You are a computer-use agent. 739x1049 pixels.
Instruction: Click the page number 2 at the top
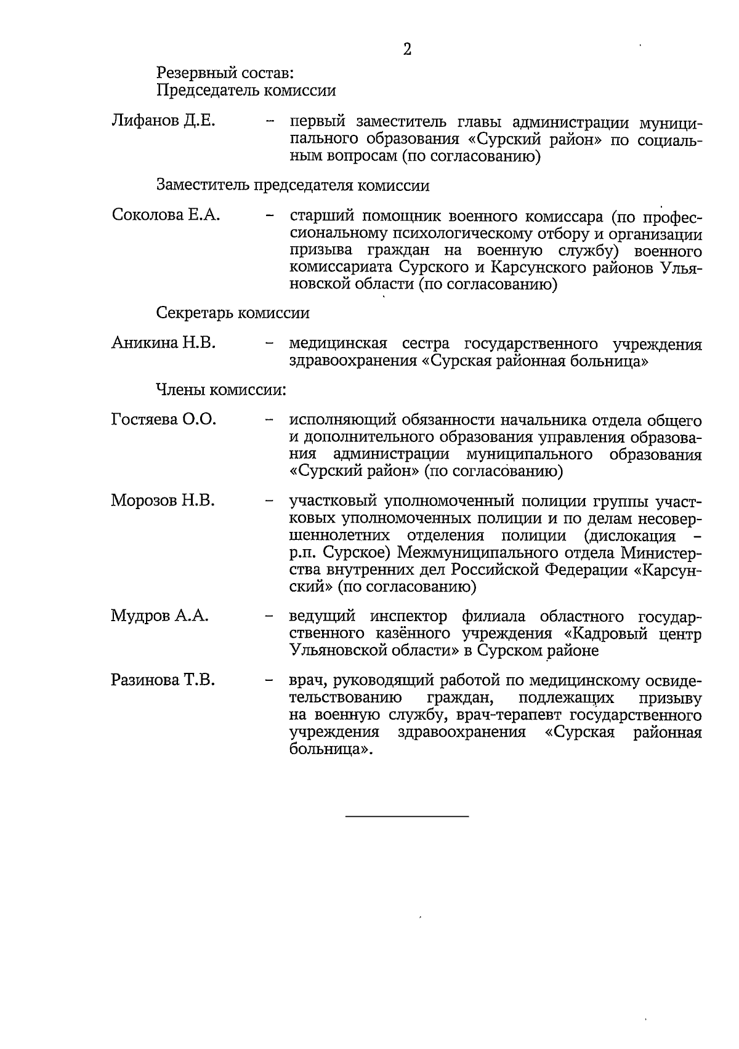tap(407, 50)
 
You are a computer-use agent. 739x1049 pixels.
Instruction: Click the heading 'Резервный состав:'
tap(225, 73)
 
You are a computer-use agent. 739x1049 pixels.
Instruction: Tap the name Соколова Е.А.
tap(166, 215)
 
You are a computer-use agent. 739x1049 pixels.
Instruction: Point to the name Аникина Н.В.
tap(163, 342)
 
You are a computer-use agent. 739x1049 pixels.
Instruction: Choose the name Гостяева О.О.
tap(164, 420)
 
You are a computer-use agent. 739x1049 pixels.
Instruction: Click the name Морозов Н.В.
tap(163, 500)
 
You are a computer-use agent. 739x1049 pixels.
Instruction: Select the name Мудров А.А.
tap(160, 616)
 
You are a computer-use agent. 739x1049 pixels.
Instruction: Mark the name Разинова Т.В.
tap(163, 680)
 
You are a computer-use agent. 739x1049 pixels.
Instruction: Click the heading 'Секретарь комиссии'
tap(233, 313)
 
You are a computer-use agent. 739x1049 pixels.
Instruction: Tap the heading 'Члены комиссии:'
tap(221, 390)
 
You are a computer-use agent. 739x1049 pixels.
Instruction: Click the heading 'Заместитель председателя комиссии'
tap(293, 185)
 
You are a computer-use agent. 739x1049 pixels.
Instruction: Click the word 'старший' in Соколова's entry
tap(319, 217)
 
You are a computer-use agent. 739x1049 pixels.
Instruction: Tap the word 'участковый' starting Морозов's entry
tap(334, 501)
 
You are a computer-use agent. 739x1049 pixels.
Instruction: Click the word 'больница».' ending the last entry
tap(331, 750)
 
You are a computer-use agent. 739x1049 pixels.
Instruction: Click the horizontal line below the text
tap(407, 816)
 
